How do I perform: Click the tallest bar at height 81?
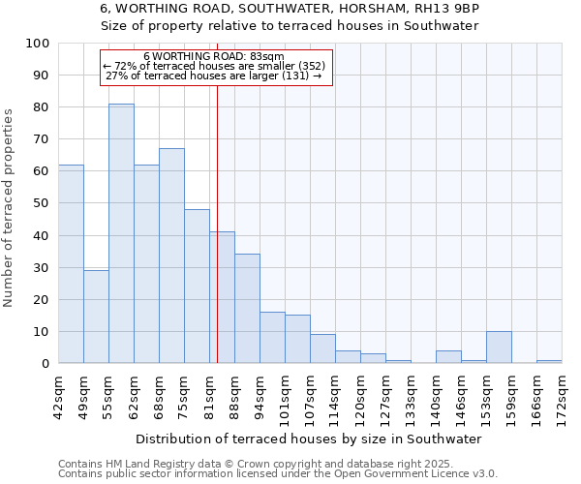[121, 233]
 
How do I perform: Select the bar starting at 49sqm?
[96, 317]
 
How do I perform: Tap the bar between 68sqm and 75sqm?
[171, 256]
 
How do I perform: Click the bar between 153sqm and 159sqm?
[499, 348]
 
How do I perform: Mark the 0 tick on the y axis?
[45, 363]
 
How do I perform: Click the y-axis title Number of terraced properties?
[9, 208]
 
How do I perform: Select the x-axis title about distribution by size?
[309, 439]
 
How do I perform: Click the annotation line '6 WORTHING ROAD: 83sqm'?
[214, 57]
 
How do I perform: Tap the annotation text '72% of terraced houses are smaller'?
[214, 66]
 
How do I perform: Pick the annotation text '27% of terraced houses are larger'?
[214, 76]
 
